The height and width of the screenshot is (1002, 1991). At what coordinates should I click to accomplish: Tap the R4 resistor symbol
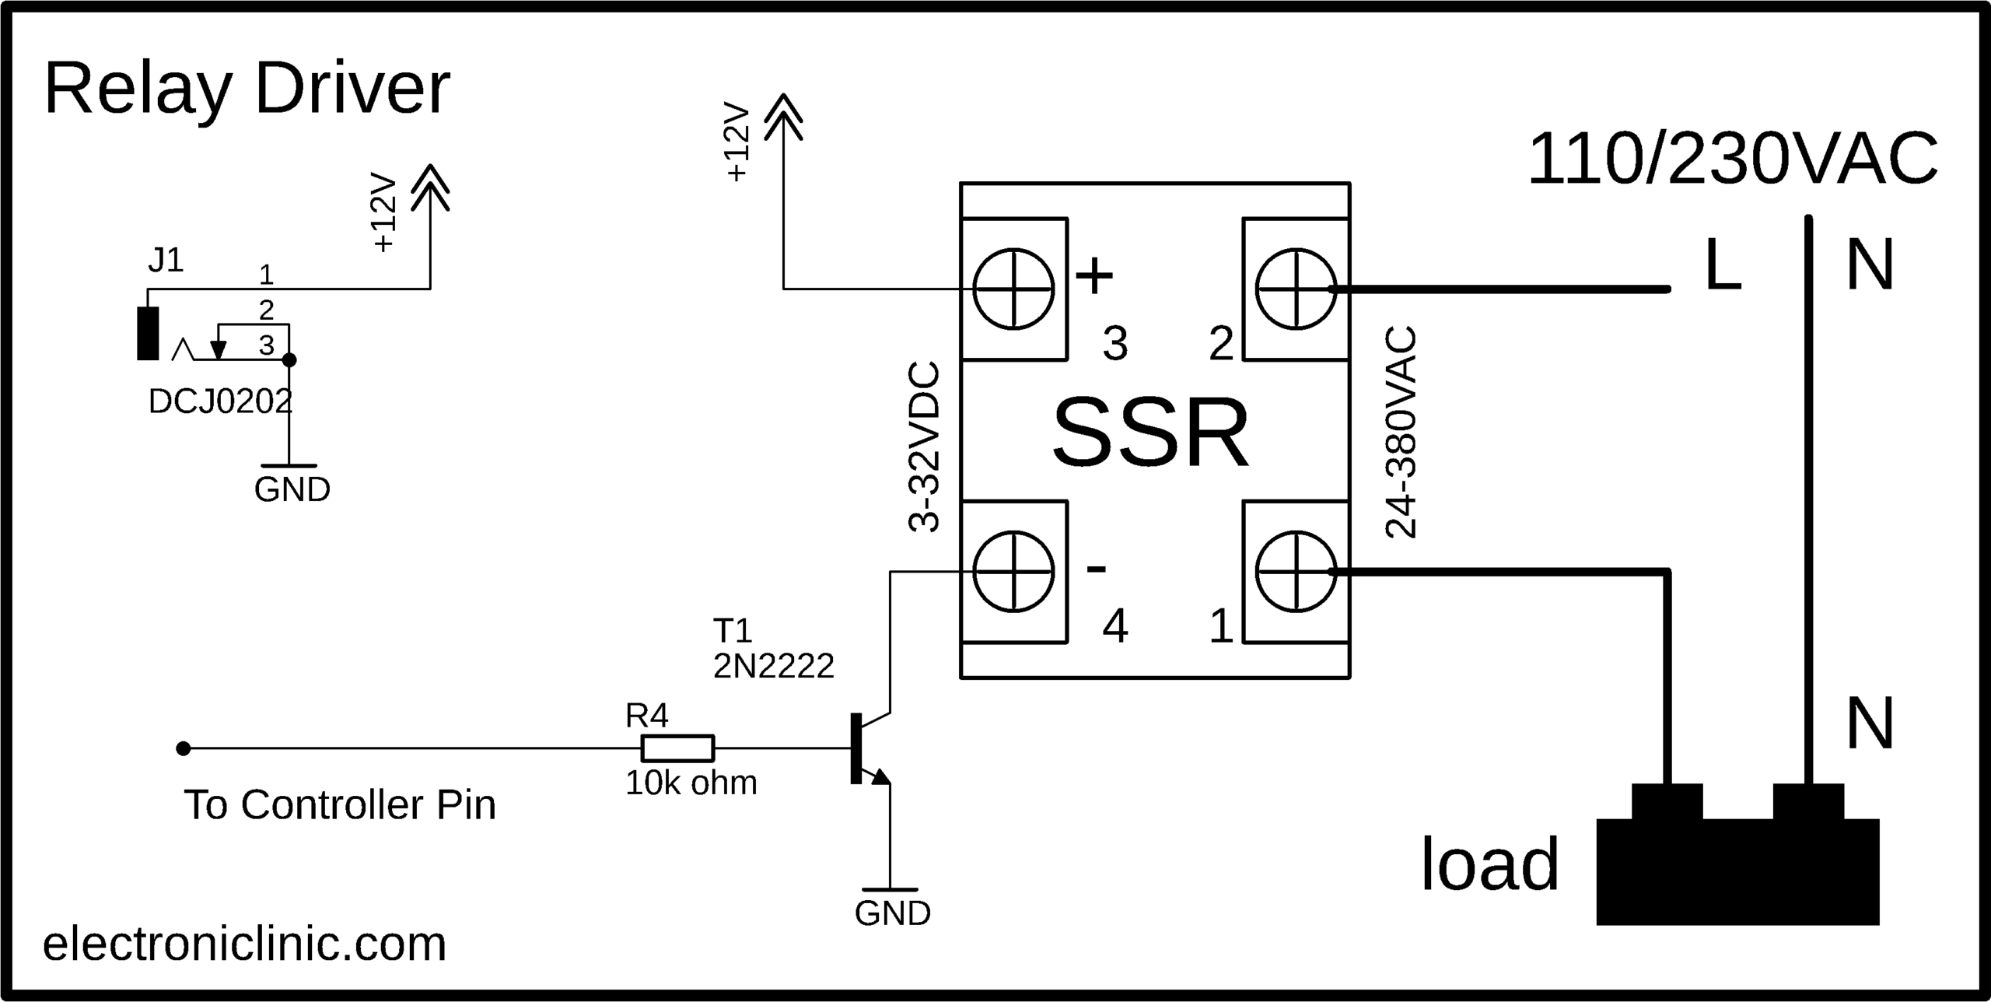point(677,748)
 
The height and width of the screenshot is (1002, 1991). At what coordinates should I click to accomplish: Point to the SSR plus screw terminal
point(1013,289)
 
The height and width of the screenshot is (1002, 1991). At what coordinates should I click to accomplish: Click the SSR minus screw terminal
point(1013,571)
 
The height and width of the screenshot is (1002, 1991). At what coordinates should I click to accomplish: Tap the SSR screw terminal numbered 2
point(1296,289)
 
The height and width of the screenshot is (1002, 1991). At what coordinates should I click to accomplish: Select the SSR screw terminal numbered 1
point(1296,571)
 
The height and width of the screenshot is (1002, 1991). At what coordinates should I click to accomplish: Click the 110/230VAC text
point(1733,160)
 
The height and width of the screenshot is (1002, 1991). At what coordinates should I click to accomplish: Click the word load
point(1489,865)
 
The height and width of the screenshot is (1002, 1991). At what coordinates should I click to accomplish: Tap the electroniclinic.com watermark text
point(244,944)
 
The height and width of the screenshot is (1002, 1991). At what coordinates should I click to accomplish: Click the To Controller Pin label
point(340,805)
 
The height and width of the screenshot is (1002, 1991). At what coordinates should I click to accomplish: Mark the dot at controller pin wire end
point(184,748)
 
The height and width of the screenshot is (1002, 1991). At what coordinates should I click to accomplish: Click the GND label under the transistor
point(892,914)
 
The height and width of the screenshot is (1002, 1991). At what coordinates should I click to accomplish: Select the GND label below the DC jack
point(292,490)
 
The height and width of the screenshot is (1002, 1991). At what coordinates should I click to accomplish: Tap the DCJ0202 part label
point(220,402)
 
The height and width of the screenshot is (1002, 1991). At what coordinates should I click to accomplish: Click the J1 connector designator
point(166,261)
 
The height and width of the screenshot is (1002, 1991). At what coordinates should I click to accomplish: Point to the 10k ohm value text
point(691,783)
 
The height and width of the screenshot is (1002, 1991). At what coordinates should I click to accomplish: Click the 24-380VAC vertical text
point(1401,433)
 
